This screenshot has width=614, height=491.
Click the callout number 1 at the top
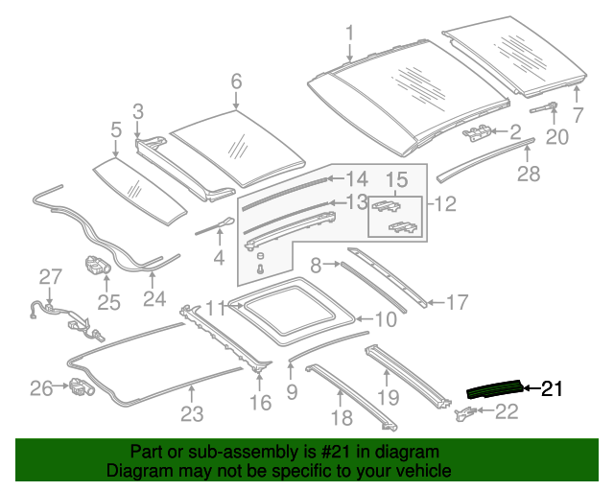[x=349, y=33]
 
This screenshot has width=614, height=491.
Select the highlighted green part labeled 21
[x=494, y=388]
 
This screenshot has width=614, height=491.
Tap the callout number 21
[x=551, y=388]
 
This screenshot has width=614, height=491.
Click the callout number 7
[x=578, y=115]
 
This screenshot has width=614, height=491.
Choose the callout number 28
[x=529, y=174]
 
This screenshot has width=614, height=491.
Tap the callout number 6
[x=236, y=82]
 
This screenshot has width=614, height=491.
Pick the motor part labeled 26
[x=81, y=388]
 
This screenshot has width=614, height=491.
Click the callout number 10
[x=384, y=319]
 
